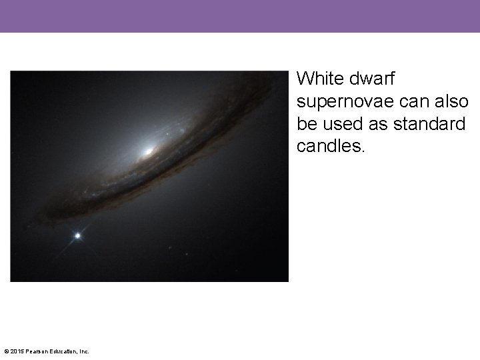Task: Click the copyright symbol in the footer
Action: (7, 351)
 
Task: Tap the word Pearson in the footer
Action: (37, 351)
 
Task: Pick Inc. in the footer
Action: (85, 351)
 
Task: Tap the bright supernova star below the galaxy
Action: (78, 235)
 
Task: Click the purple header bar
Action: (240, 16)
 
